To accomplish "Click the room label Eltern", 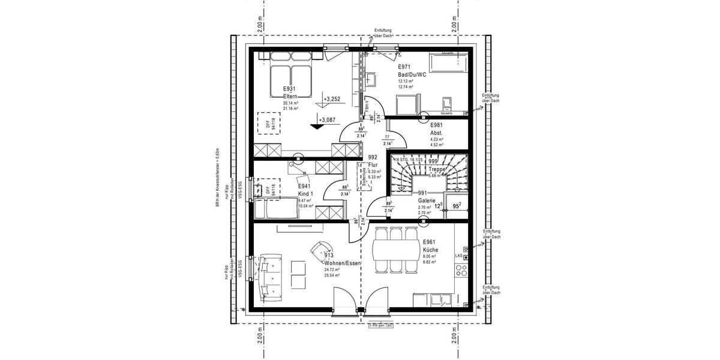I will point(290,96).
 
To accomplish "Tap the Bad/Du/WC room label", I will point(412,74).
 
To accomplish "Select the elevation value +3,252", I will point(331,99).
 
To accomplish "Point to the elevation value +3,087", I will point(328,120).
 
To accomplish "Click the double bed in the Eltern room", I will point(289,75).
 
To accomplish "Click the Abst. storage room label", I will point(436,133).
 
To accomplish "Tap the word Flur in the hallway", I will point(373,164).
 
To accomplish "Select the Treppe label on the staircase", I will point(437,170).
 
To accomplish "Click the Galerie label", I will point(428,200).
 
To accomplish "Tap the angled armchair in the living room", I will point(320,249).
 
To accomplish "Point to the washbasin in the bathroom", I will point(371,79).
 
